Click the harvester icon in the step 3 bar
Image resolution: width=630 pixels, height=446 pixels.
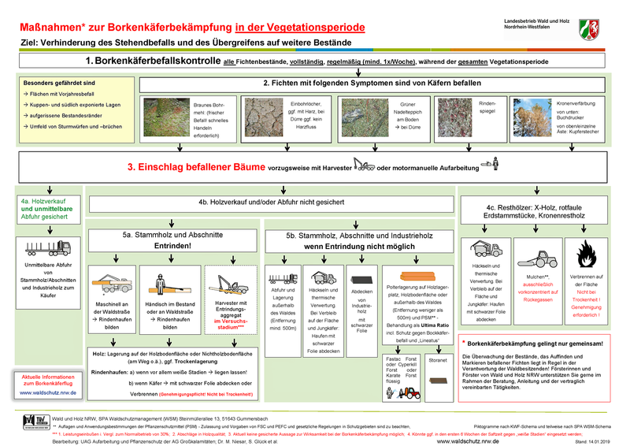pyautogui.click(x=365, y=165)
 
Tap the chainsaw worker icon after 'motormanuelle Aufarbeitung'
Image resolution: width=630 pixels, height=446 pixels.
pyautogui.click(x=494, y=165)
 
